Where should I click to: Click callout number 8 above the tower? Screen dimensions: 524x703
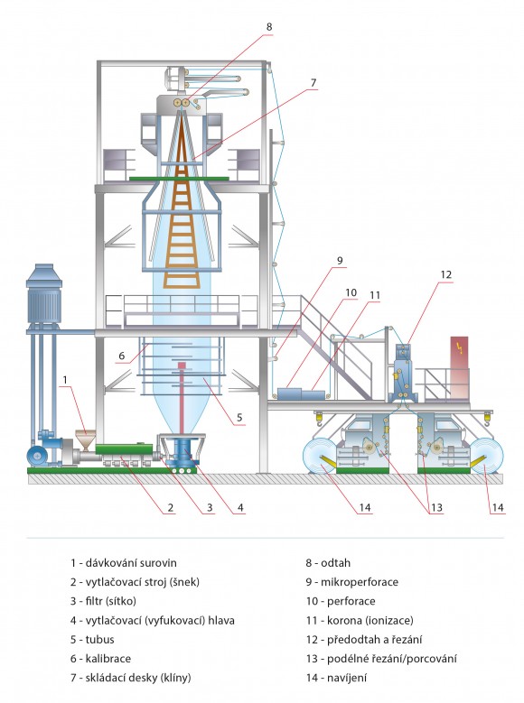[x=269, y=27]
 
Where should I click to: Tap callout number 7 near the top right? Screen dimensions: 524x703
[x=313, y=83]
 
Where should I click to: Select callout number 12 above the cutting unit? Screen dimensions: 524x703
[x=446, y=274]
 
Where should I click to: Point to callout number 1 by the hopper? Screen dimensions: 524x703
[x=65, y=380]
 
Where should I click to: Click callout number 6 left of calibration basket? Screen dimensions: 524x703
[x=122, y=356]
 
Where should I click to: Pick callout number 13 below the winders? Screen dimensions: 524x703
[x=436, y=507]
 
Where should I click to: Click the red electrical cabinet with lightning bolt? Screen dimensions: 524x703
[x=459, y=367]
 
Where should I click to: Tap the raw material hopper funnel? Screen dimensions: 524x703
[x=85, y=439]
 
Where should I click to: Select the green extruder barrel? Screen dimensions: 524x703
[x=124, y=449]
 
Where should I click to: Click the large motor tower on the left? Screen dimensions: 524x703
[x=43, y=296]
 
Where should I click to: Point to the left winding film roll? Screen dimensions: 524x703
[x=320, y=456]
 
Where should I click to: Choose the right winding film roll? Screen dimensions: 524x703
[x=486, y=456]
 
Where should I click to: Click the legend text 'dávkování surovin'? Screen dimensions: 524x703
[x=131, y=563]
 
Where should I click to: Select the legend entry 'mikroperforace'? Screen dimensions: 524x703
[x=360, y=582]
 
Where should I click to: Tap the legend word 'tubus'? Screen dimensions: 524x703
[x=99, y=640]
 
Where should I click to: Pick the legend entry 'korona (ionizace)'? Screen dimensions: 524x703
[x=370, y=621]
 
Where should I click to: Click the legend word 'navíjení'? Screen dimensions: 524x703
[x=347, y=679]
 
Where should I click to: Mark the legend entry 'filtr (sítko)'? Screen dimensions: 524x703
[x=110, y=601]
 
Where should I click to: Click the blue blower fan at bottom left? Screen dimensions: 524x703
[x=37, y=456]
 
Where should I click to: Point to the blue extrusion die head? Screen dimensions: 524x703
[x=182, y=452]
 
